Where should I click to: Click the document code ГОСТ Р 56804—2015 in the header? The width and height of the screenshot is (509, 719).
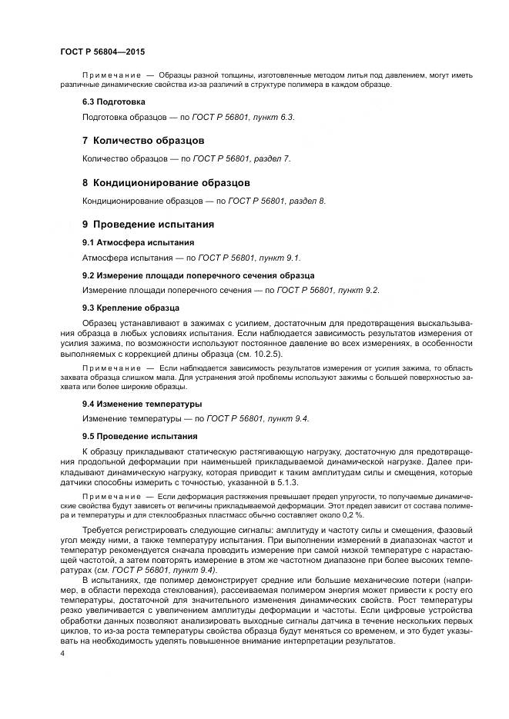102,50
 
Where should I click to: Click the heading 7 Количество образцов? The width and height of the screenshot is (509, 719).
143,141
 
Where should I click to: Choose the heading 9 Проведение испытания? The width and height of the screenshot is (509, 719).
148,225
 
